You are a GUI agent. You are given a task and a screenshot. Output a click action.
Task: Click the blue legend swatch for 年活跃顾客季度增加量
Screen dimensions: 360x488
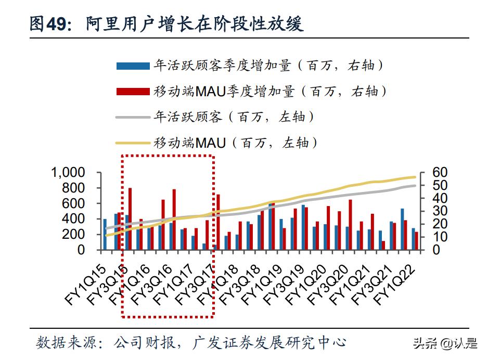coord(133,66)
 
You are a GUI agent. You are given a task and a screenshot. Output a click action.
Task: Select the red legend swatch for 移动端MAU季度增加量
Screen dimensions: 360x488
coord(133,92)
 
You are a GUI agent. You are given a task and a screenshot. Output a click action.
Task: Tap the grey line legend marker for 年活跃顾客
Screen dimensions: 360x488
coord(133,117)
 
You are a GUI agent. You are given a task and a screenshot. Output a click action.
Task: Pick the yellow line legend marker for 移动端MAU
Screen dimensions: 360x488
coord(133,142)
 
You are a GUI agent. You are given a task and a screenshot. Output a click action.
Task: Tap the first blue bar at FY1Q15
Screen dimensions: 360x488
coord(105,234)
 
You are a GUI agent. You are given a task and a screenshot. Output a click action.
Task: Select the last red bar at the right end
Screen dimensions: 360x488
coord(416,241)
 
